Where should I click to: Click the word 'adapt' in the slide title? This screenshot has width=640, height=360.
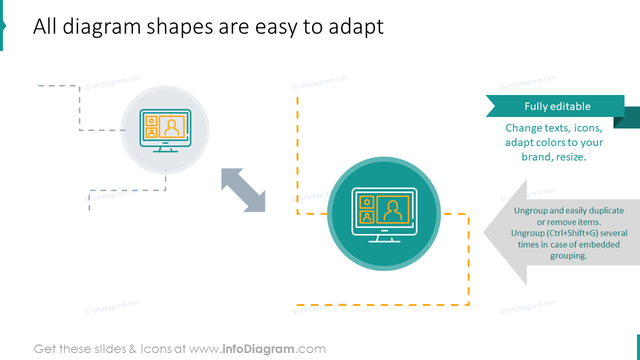[356, 27]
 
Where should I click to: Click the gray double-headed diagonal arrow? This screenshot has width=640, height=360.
[243, 190]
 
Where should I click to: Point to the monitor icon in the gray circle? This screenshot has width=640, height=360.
[165, 130]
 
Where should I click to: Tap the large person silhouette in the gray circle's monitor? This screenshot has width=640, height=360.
[172, 127]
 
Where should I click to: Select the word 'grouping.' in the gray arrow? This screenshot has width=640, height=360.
[568, 255]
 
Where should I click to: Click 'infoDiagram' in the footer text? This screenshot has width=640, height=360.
[257, 349]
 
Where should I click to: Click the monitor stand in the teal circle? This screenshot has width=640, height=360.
[384, 237]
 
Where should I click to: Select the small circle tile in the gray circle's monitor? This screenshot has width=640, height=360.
[151, 121]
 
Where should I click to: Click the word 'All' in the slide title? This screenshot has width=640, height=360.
[45, 27]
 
